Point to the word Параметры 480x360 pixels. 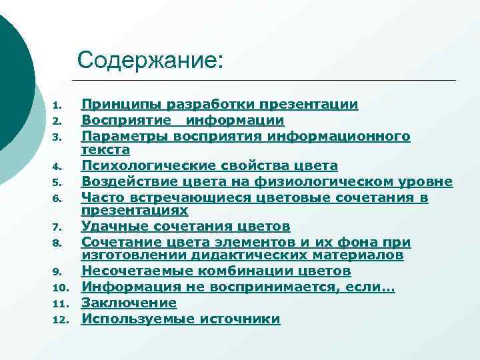(125, 136)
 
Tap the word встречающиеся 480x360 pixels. (167, 197)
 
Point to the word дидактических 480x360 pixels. (233, 255)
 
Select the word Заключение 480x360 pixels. (129, 303)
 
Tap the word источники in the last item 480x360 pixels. (243, 319)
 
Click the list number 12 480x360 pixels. (61, 320)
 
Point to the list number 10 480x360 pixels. (61, 288)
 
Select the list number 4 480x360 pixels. (58, 166)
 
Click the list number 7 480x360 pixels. (58, 227)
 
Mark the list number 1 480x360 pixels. (58, 105)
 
